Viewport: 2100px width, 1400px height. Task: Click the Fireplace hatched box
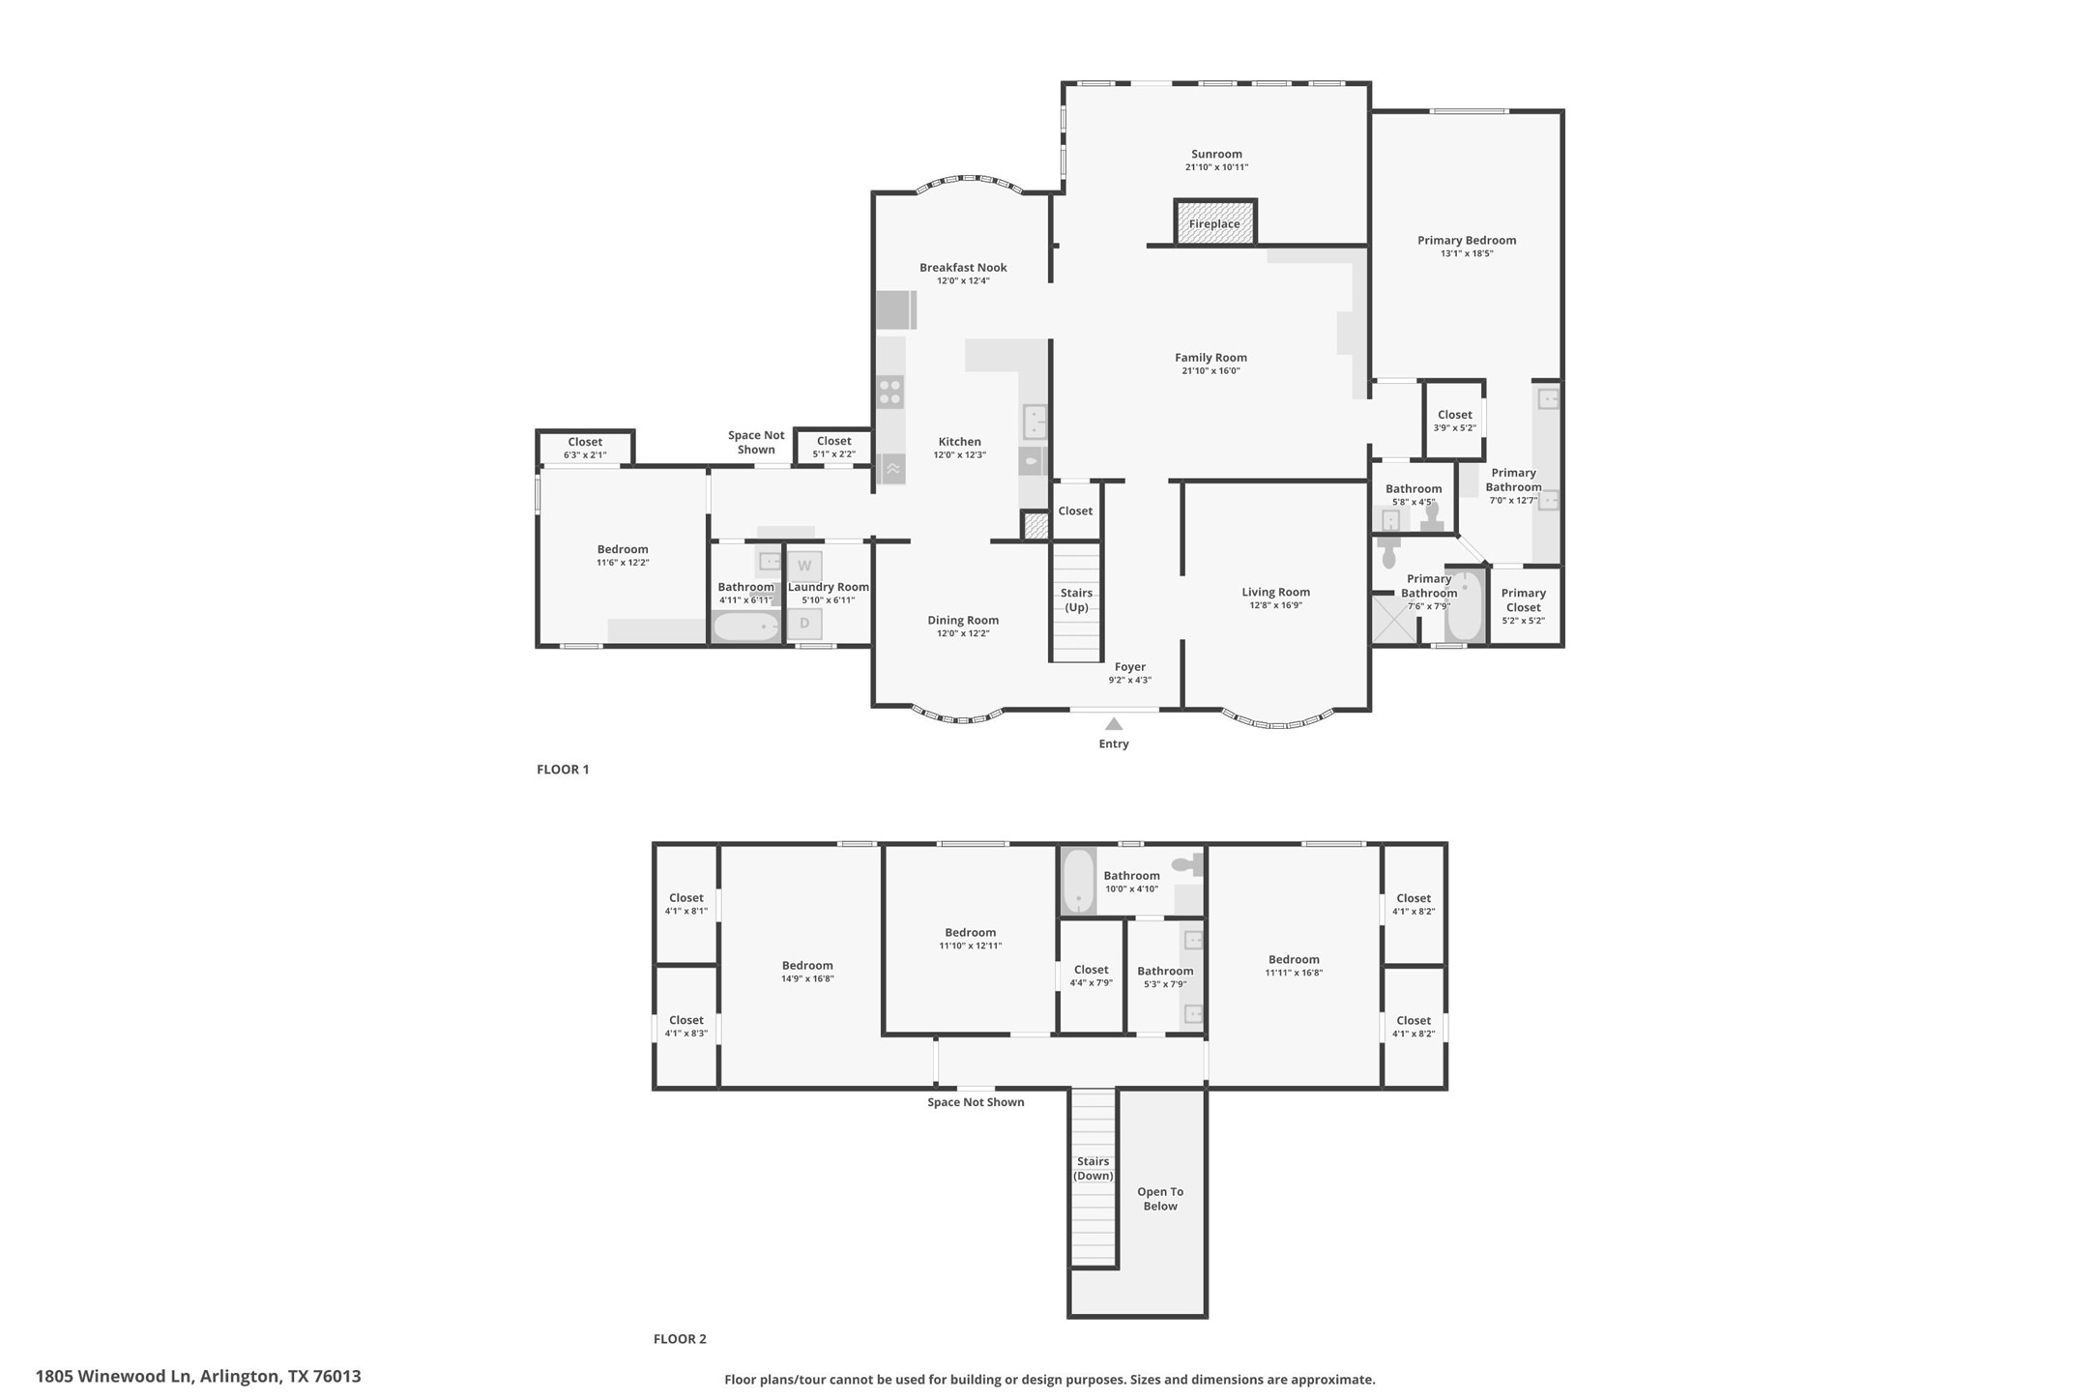click(1214, 223)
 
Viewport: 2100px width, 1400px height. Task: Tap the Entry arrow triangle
click(1113, 724)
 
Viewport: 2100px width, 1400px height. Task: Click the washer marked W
click(803, 566)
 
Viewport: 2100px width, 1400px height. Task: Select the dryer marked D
click(803, 624)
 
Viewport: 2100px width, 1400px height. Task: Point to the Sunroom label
click(1216, 154)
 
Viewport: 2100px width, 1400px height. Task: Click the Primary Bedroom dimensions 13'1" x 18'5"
click(1466, 253)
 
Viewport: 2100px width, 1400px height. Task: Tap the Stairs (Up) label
click(1076, 599)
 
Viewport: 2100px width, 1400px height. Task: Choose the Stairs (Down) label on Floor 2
click(1093, 1168)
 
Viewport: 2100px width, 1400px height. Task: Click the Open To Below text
click(1159, 1199)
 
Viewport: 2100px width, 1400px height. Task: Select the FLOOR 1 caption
click(563, 770)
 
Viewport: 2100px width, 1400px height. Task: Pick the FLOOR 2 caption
click(680, 1339)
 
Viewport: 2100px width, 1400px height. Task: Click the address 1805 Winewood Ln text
click(198, 1376)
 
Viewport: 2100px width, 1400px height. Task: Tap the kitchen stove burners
click(890, 393)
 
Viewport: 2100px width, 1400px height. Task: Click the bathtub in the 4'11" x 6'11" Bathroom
click(745, 627)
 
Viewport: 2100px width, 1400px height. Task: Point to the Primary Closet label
click(1523, 600)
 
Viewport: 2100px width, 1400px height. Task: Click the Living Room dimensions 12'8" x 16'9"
click(1275, 605)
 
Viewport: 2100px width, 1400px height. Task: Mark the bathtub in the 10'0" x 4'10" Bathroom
click(1078, 880)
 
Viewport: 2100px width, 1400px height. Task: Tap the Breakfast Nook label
click(962, 268)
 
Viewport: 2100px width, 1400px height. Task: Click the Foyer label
click(1129, 667)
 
